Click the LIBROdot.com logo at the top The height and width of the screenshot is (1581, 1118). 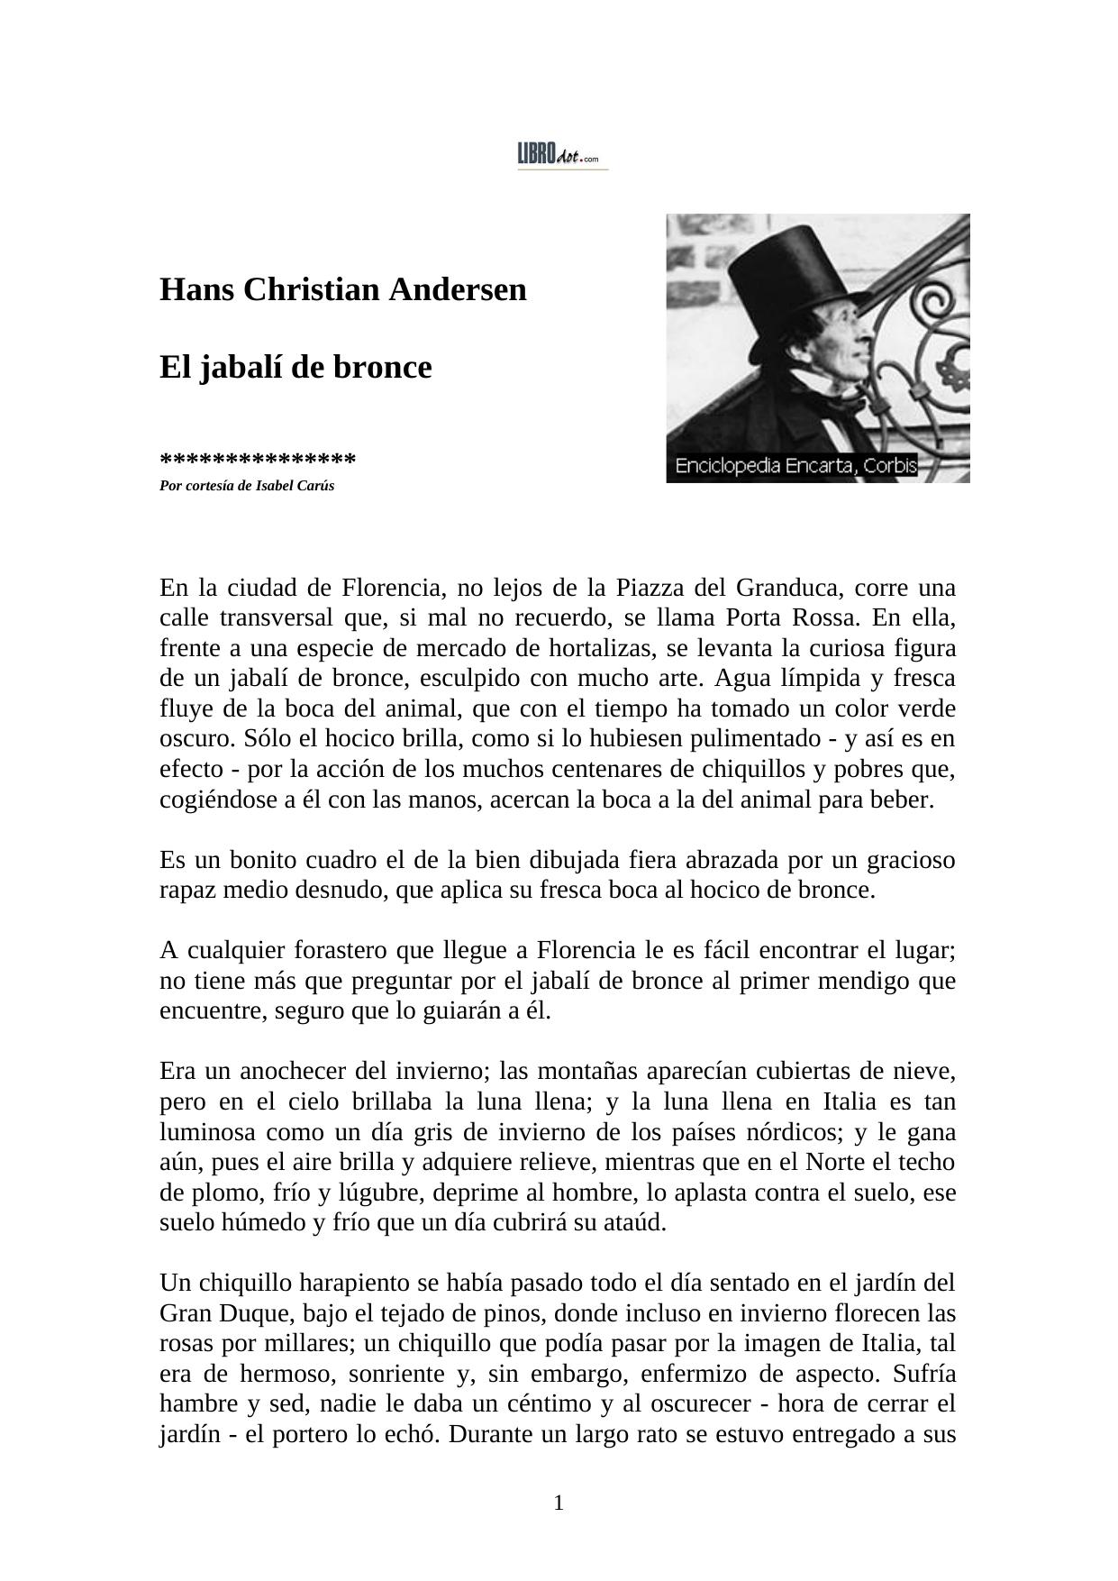562,155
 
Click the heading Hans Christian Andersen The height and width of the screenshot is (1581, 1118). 342,290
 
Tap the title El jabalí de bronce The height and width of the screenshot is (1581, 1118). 295,368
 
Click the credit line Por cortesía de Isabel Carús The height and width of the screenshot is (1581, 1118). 247,486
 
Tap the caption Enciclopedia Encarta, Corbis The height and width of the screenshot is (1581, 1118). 795,467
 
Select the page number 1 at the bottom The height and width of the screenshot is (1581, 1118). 559,1503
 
